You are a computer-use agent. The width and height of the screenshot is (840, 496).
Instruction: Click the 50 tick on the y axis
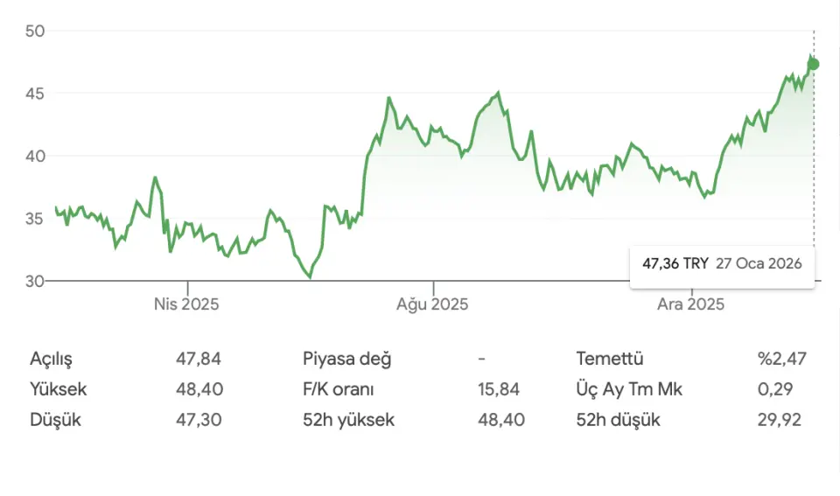coord(35,31)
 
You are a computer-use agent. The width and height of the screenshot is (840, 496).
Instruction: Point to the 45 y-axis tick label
coord(35,94)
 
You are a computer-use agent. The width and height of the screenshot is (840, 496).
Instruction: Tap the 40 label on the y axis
coord(35,157)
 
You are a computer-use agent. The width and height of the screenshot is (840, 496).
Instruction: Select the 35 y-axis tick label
coord(35,219)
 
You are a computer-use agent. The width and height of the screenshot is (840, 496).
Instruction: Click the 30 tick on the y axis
coord(35,282)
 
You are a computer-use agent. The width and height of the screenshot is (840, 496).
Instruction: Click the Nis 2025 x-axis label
coord(186,304)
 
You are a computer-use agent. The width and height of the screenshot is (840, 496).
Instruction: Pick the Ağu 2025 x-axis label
coord(432,304)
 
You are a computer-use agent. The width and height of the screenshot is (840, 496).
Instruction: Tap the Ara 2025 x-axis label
coord(691,304)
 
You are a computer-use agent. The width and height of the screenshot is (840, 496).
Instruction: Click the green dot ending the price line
coord(814,64)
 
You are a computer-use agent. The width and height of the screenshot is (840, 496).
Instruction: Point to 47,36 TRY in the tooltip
coord(675,263)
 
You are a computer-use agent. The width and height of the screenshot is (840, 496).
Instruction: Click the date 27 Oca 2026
coord(759,263)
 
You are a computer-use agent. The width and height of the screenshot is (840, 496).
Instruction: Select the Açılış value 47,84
coord(199,359)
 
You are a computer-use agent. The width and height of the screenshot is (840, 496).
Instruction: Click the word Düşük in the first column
coord(55,420)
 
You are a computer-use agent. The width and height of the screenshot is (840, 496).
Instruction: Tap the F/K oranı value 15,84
coord(501,389)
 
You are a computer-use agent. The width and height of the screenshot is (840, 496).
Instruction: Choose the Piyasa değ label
coord(347,359)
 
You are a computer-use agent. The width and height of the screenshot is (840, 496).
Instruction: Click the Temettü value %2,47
coord(781,359)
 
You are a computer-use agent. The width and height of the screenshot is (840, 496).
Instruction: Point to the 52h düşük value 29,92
coord(781,420)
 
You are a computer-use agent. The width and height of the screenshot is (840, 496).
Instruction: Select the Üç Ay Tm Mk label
coord(629,389)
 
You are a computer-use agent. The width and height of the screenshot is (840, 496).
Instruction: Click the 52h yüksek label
coord(348,420)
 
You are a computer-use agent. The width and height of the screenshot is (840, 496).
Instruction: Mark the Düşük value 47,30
coord(199,420)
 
